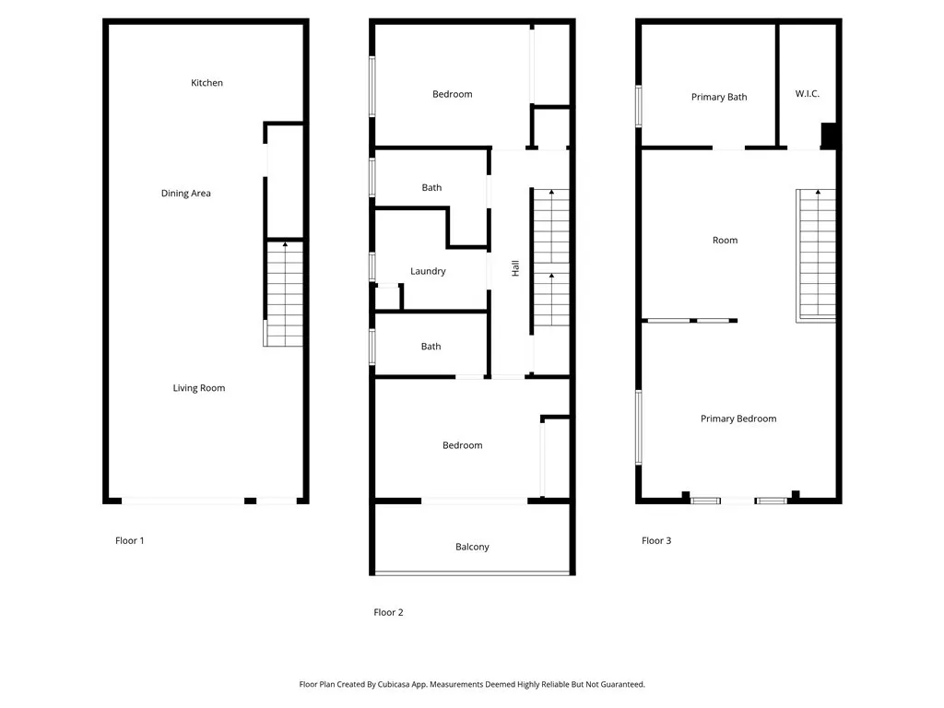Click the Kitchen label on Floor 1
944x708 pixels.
tap(206, 83)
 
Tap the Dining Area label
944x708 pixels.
tap(185, 194)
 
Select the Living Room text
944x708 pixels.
tap(199, 388)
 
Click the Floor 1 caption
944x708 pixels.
tap(129, 540)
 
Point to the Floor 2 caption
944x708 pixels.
tap(388, 612)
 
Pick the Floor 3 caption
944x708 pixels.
tap(656, 540)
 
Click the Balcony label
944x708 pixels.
tap(472, 548)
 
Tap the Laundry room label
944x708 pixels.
tap(428, 272)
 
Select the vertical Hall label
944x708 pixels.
tap(515, 268)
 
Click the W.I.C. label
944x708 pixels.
tap(807, 94)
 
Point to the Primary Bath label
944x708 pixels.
tap(719, 98)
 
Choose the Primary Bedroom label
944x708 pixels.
tap(738, 419)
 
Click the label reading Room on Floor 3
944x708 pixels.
tap(725, 241)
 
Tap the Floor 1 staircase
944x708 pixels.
tap(284, 293)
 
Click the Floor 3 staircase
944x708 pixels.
tap(816, 255)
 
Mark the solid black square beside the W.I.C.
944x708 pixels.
tap(829, 136)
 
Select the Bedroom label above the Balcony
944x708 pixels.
tap(463, 445)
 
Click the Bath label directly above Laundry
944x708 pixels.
tap(431, 188)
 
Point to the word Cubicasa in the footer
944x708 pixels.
tap(394, 685)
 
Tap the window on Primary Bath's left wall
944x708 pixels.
tap(639, 107)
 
